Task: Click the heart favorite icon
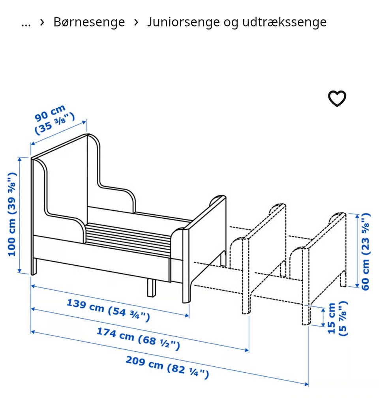337,99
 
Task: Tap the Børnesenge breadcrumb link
89,22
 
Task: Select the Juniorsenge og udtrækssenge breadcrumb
237,22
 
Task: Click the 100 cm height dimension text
12,214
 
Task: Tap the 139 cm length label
108,310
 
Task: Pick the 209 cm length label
167,367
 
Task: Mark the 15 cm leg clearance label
338,318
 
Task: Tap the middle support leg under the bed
151,287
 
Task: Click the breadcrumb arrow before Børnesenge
42,22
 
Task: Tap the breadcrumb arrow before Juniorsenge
136,22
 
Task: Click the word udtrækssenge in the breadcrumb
284,22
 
